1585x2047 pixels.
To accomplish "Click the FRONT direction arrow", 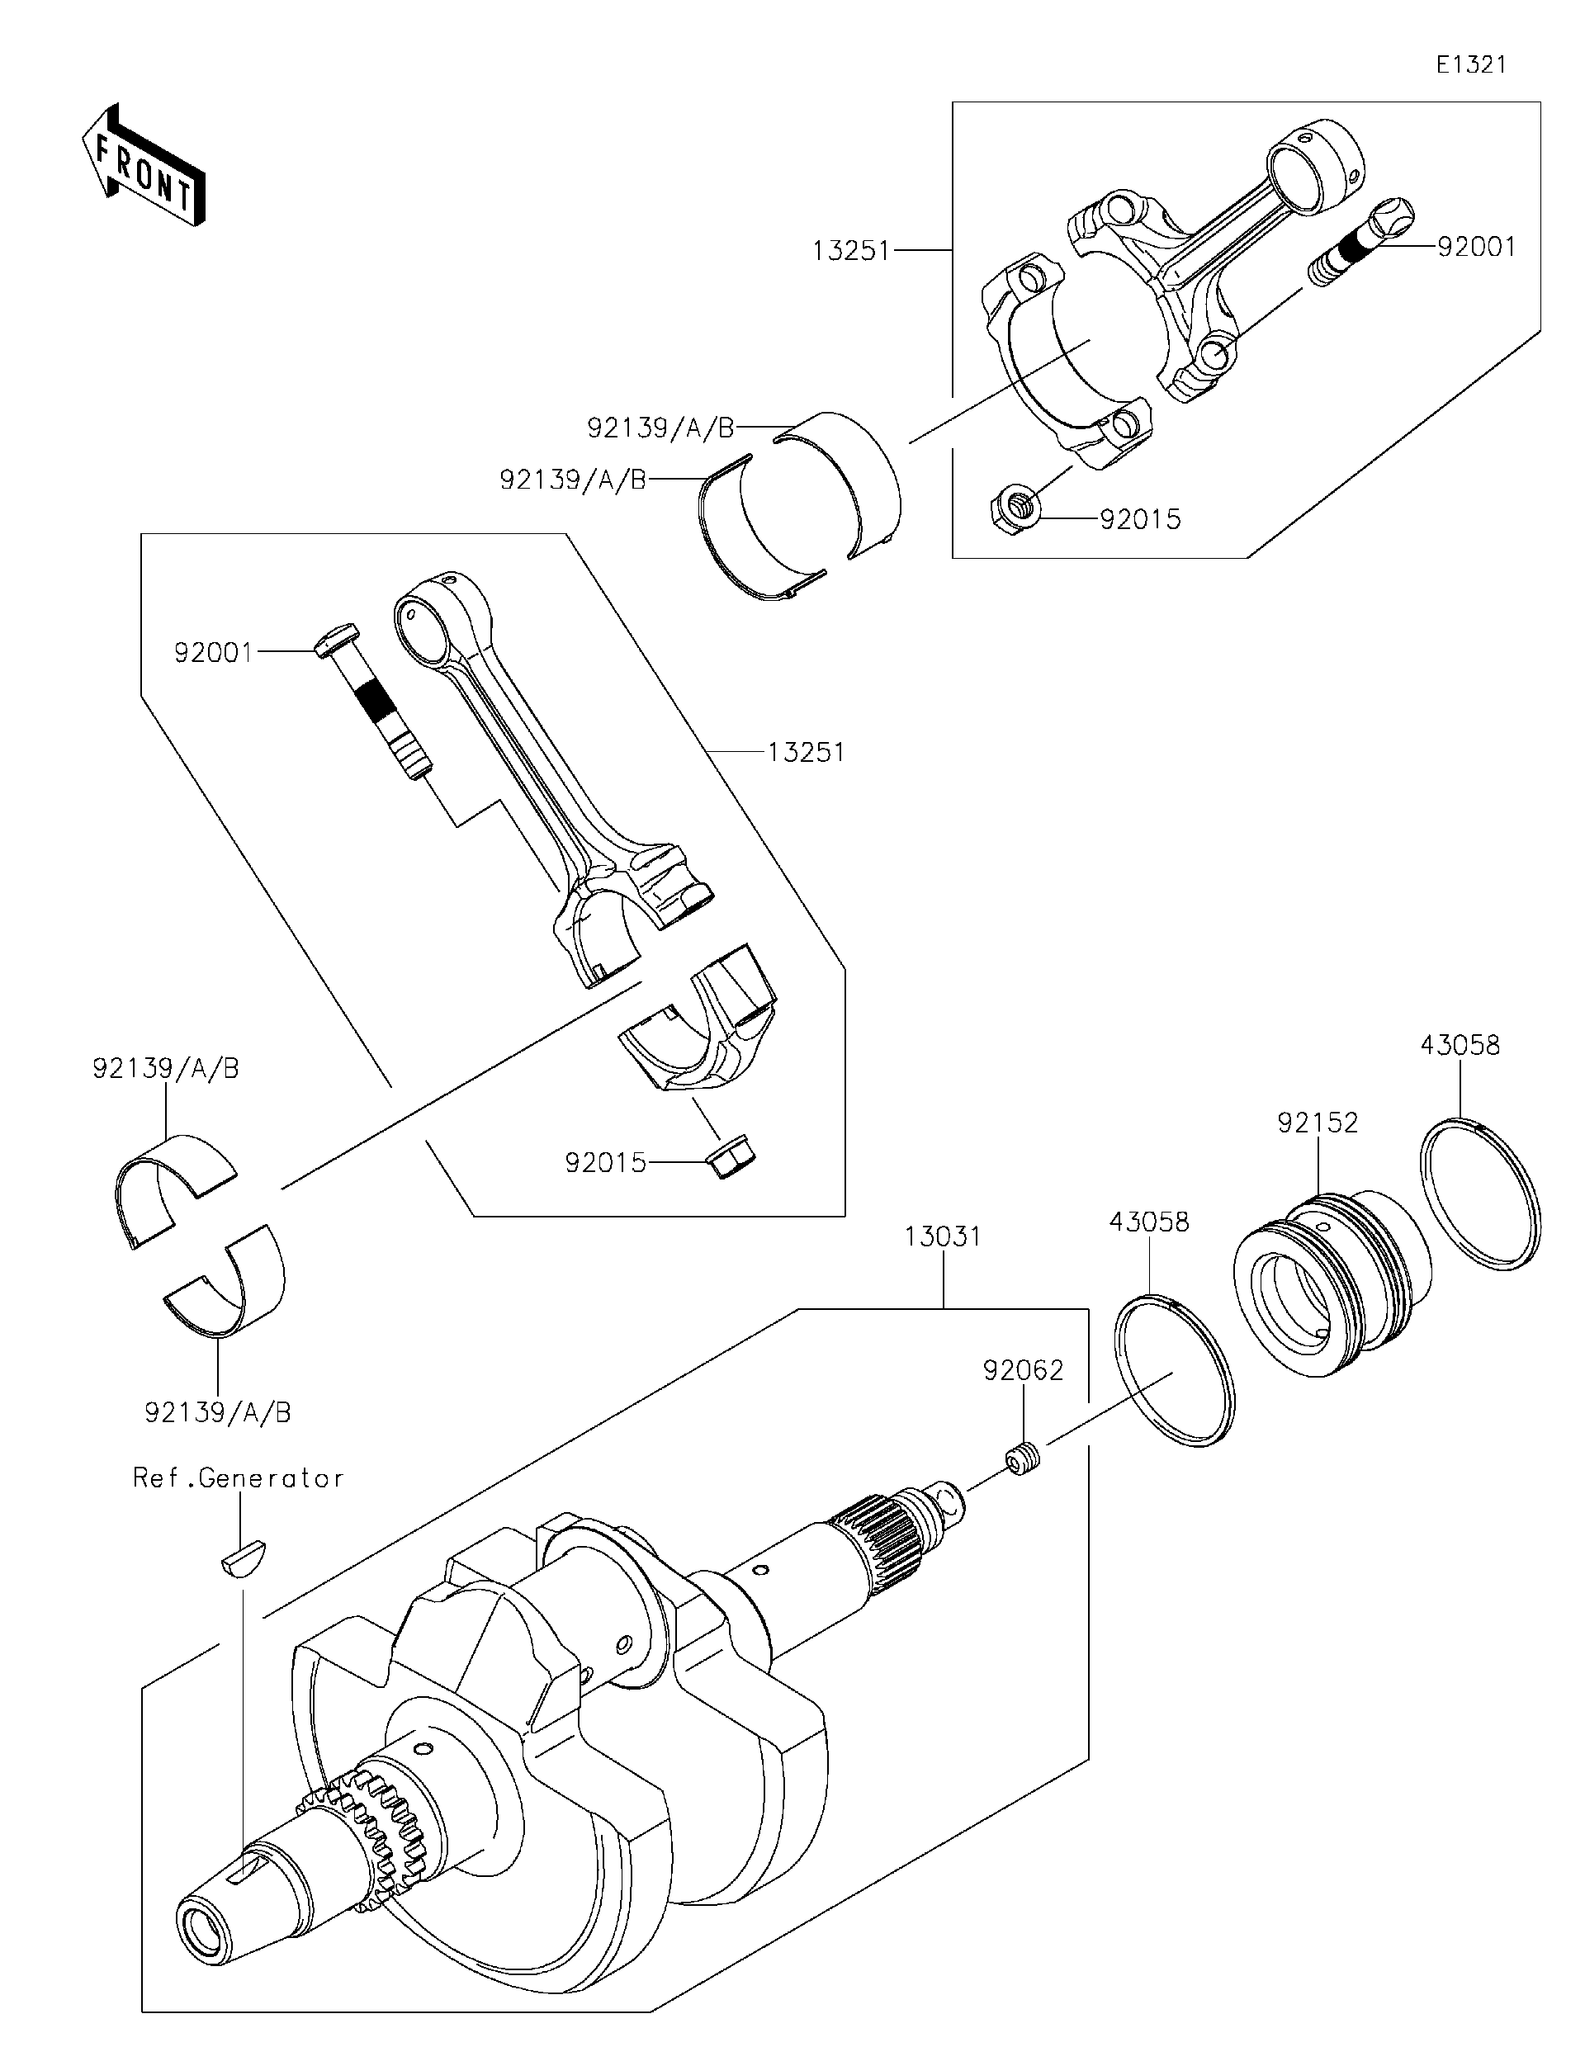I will (143, 165).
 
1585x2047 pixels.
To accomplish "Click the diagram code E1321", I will (1470, 64).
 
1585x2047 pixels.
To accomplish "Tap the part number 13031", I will (943, 1236).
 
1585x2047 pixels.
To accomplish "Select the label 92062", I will (1024, 1370).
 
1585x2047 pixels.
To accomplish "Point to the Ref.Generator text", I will (238, 1478).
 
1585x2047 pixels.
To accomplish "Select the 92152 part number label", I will (1318, 1122).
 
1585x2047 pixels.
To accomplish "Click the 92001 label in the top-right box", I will (1476, 247).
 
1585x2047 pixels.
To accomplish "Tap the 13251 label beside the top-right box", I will (851, 250).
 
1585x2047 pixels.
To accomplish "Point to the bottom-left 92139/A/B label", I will (217, 1412).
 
